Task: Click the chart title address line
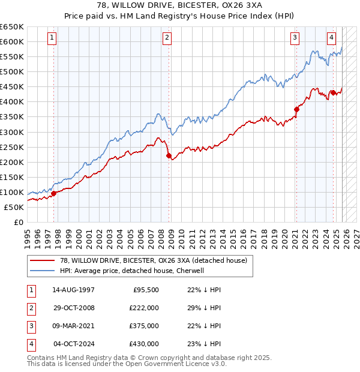click(x=179, y=6)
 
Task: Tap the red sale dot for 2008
click(x=169, y=155)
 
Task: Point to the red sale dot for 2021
click(x=296, y=109)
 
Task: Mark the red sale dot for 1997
click(x=54, y=193)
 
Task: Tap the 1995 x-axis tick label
click(x=27, y=235)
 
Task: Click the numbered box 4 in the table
click(x=30, y=344)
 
